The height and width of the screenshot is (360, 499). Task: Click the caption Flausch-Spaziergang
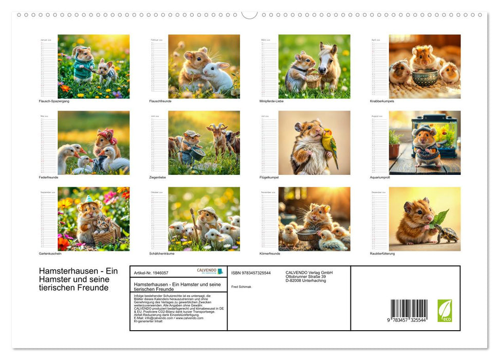tap(54, 101)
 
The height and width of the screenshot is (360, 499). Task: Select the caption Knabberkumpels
tap(382, 101)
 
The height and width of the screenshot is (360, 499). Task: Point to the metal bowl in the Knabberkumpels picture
tap(425, 78)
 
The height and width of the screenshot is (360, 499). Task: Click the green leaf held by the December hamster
tap(440, 218)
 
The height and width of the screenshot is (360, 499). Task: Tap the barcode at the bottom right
tap(409, 310)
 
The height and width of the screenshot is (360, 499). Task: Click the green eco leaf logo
tap(445, 310)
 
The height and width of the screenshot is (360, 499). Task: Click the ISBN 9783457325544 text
tap(251, 273)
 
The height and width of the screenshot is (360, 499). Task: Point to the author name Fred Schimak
tap(241, 286)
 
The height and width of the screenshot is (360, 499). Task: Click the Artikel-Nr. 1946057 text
tap(151, 273)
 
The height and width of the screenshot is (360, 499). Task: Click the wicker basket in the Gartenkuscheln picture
tap(104, 237)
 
